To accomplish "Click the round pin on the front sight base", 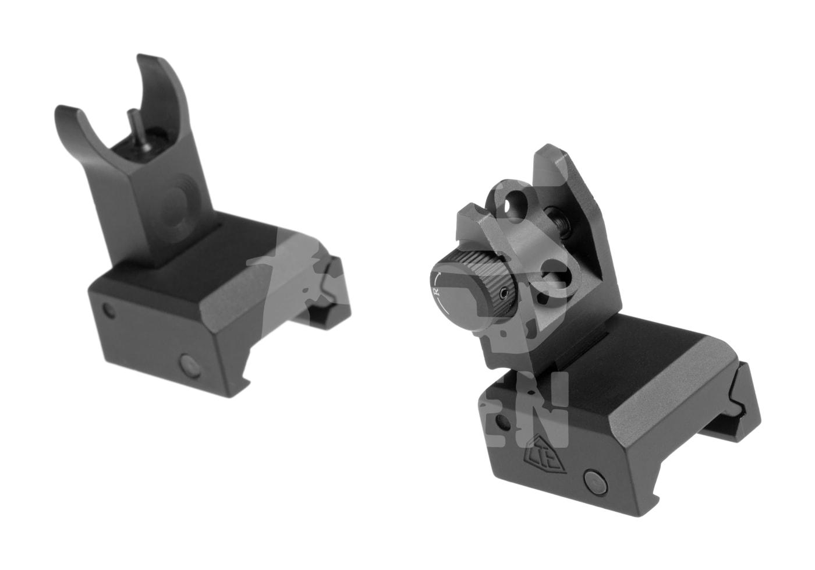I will (x=189, y=365).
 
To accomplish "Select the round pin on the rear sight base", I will (x=594, y=480).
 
